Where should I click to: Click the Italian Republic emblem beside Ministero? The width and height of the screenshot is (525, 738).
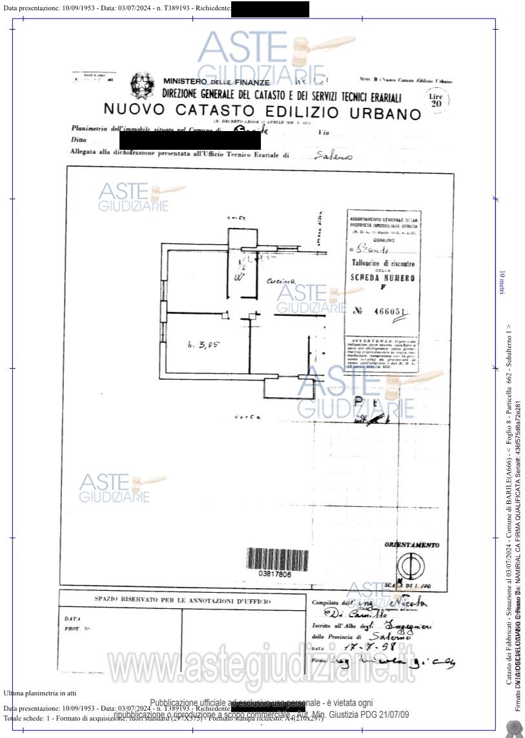coord(142,85)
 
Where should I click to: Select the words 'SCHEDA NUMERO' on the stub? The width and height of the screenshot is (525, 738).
coord(383,277)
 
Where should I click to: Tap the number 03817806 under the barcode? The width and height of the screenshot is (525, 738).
coord(274,574)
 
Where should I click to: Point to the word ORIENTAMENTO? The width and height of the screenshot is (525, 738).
coord(411,545)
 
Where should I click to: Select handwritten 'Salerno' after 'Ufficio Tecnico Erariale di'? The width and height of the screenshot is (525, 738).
coord(333,156)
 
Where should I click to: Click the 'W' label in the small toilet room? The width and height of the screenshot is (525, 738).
coord(239,278)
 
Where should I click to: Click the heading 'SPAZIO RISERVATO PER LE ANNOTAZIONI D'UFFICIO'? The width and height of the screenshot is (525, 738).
coord(183,600)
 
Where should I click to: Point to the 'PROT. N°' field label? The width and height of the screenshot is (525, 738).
coord(77,628)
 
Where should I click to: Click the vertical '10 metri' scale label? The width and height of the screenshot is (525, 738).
coord(502,283)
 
